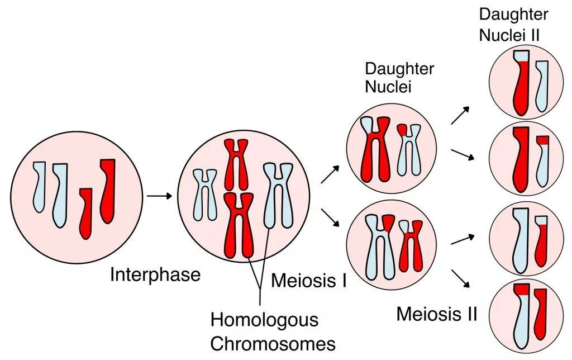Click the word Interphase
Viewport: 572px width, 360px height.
coord(155,275)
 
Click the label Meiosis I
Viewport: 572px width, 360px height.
coord(309,280)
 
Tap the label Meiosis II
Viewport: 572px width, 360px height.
coord(437,314)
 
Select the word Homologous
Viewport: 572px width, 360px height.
coord(264,320)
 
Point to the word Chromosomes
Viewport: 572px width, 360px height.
coord(273,342)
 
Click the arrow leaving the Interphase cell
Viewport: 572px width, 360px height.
coord(159,196)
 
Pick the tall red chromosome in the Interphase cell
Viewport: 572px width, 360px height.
coord(108,190)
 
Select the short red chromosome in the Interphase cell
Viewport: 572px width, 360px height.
coord(85,212)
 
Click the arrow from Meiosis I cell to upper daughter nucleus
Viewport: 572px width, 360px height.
coord(330,174)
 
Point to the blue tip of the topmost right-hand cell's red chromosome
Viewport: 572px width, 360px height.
coord(521,55)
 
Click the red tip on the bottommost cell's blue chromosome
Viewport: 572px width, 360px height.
coord(521,290)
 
